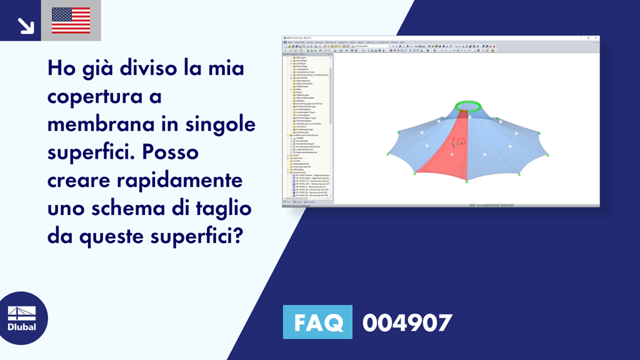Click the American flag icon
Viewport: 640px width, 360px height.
coord(71,20)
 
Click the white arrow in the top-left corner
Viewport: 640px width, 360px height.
coord(26,25)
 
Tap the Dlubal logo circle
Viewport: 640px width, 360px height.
coord(24,318)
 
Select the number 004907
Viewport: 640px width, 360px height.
coord(407,322)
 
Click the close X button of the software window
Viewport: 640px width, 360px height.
coord(596,37)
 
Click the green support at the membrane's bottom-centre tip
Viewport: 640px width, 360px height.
coord(467,181)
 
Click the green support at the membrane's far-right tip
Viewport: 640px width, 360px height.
coord(547,155)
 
